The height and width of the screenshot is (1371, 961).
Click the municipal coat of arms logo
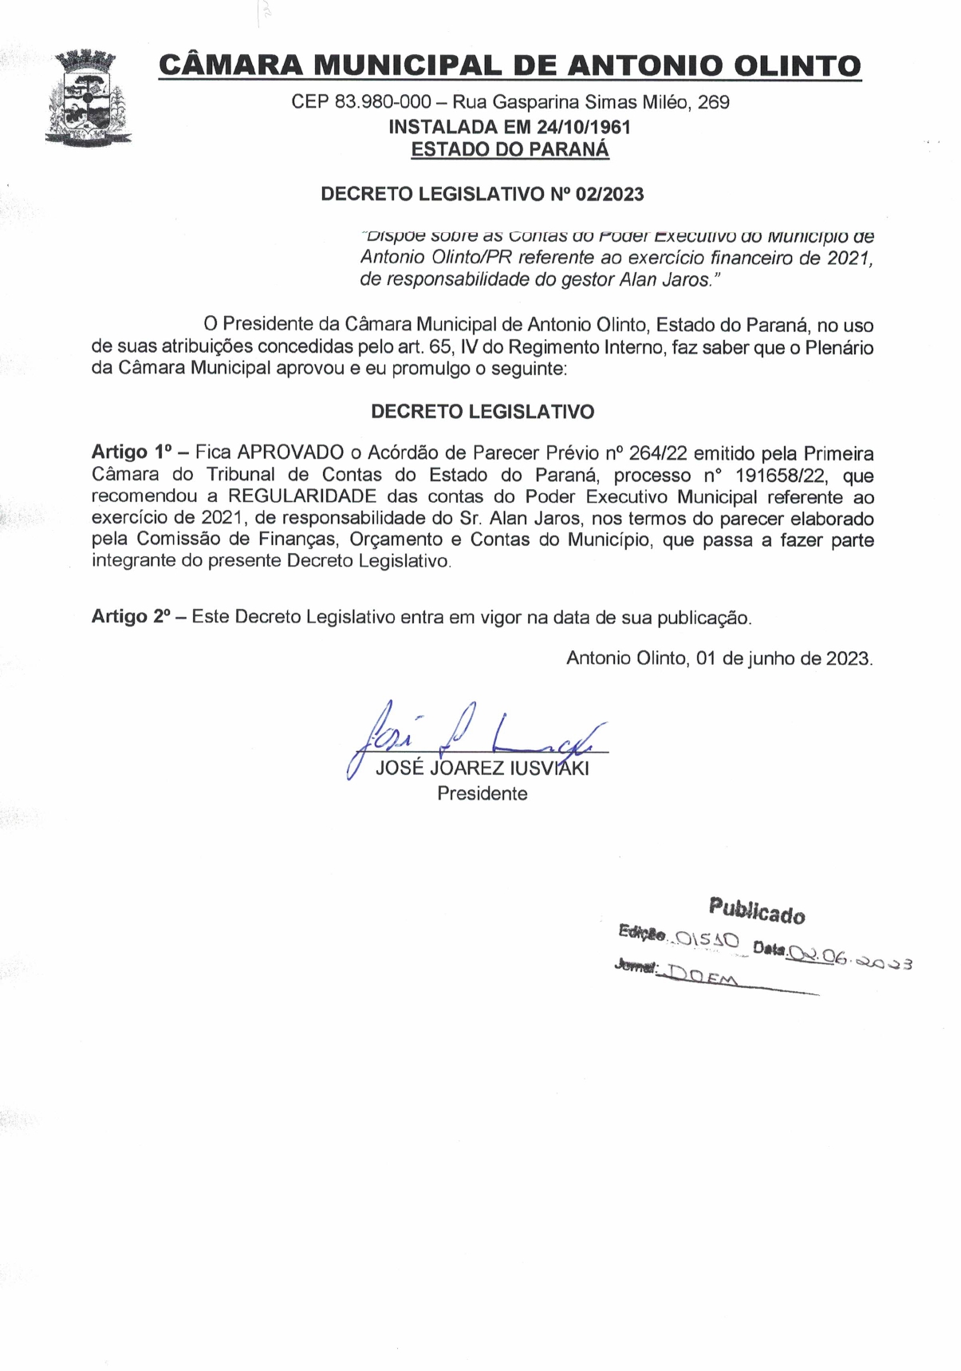click(86, 97)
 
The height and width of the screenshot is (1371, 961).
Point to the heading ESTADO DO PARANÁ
click(510, 149)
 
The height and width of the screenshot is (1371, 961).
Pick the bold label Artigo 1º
click(132, 453)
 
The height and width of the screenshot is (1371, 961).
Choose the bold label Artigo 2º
click(132, 617)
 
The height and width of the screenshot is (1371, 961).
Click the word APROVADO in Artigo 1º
click(290, 453)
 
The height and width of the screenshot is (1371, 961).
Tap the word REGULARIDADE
click(302, 496)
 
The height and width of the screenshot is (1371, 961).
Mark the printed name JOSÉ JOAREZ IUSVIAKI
click(482, 769)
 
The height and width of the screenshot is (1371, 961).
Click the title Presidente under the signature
click(482, 794)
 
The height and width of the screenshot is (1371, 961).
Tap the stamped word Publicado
click(757, 910)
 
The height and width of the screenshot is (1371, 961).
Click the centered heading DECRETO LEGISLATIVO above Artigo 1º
click(482, 412)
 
